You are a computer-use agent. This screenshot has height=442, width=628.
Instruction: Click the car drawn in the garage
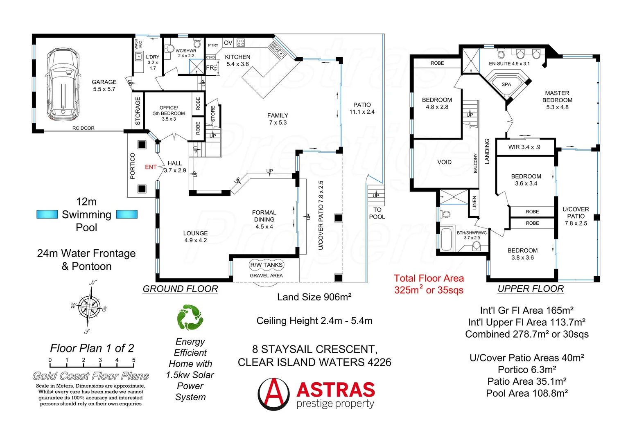[63, 84]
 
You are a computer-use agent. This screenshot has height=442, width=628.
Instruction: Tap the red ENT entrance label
[151, 167]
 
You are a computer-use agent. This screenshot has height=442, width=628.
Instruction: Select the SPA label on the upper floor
[506, 84]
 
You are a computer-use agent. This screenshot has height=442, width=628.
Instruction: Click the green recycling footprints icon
[190, 317]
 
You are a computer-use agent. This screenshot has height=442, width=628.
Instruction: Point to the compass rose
[89, 306]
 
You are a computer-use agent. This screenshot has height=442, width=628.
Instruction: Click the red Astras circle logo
[273, 394]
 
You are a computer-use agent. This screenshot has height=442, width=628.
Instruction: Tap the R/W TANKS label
[266, 265]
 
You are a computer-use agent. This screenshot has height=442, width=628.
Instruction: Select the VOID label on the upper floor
[444, 162]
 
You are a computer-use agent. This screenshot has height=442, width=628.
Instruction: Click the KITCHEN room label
[237, 57]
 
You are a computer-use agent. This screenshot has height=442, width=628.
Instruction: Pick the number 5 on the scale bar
[133, 360]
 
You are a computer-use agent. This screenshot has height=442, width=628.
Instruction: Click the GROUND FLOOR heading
[180, 289]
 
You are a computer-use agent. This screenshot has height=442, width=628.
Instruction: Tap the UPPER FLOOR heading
[531, 289]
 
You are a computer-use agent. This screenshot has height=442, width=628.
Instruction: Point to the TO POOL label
[377, 213]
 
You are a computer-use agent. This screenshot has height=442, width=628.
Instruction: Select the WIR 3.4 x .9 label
[524, 147]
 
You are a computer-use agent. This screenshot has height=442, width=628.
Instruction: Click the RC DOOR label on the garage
[83, 128]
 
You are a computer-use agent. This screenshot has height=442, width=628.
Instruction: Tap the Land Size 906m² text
[314, 297]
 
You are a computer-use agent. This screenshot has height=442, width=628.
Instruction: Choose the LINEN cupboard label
[474, 203]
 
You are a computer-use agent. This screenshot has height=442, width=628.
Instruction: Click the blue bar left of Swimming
[47, 214]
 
